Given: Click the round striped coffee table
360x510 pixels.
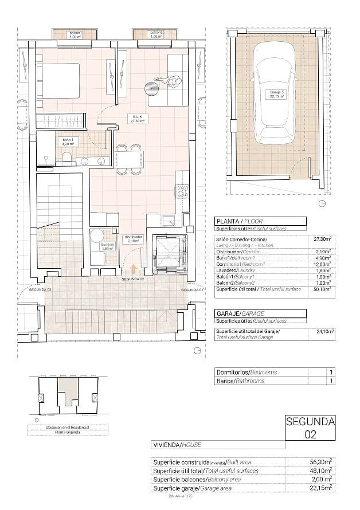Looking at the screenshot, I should point(152,89).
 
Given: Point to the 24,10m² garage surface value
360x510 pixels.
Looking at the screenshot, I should point(325,331).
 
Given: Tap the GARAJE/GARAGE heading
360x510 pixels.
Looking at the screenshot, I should point(236,313).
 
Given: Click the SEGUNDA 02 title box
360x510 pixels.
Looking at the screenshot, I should point(310,428).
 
